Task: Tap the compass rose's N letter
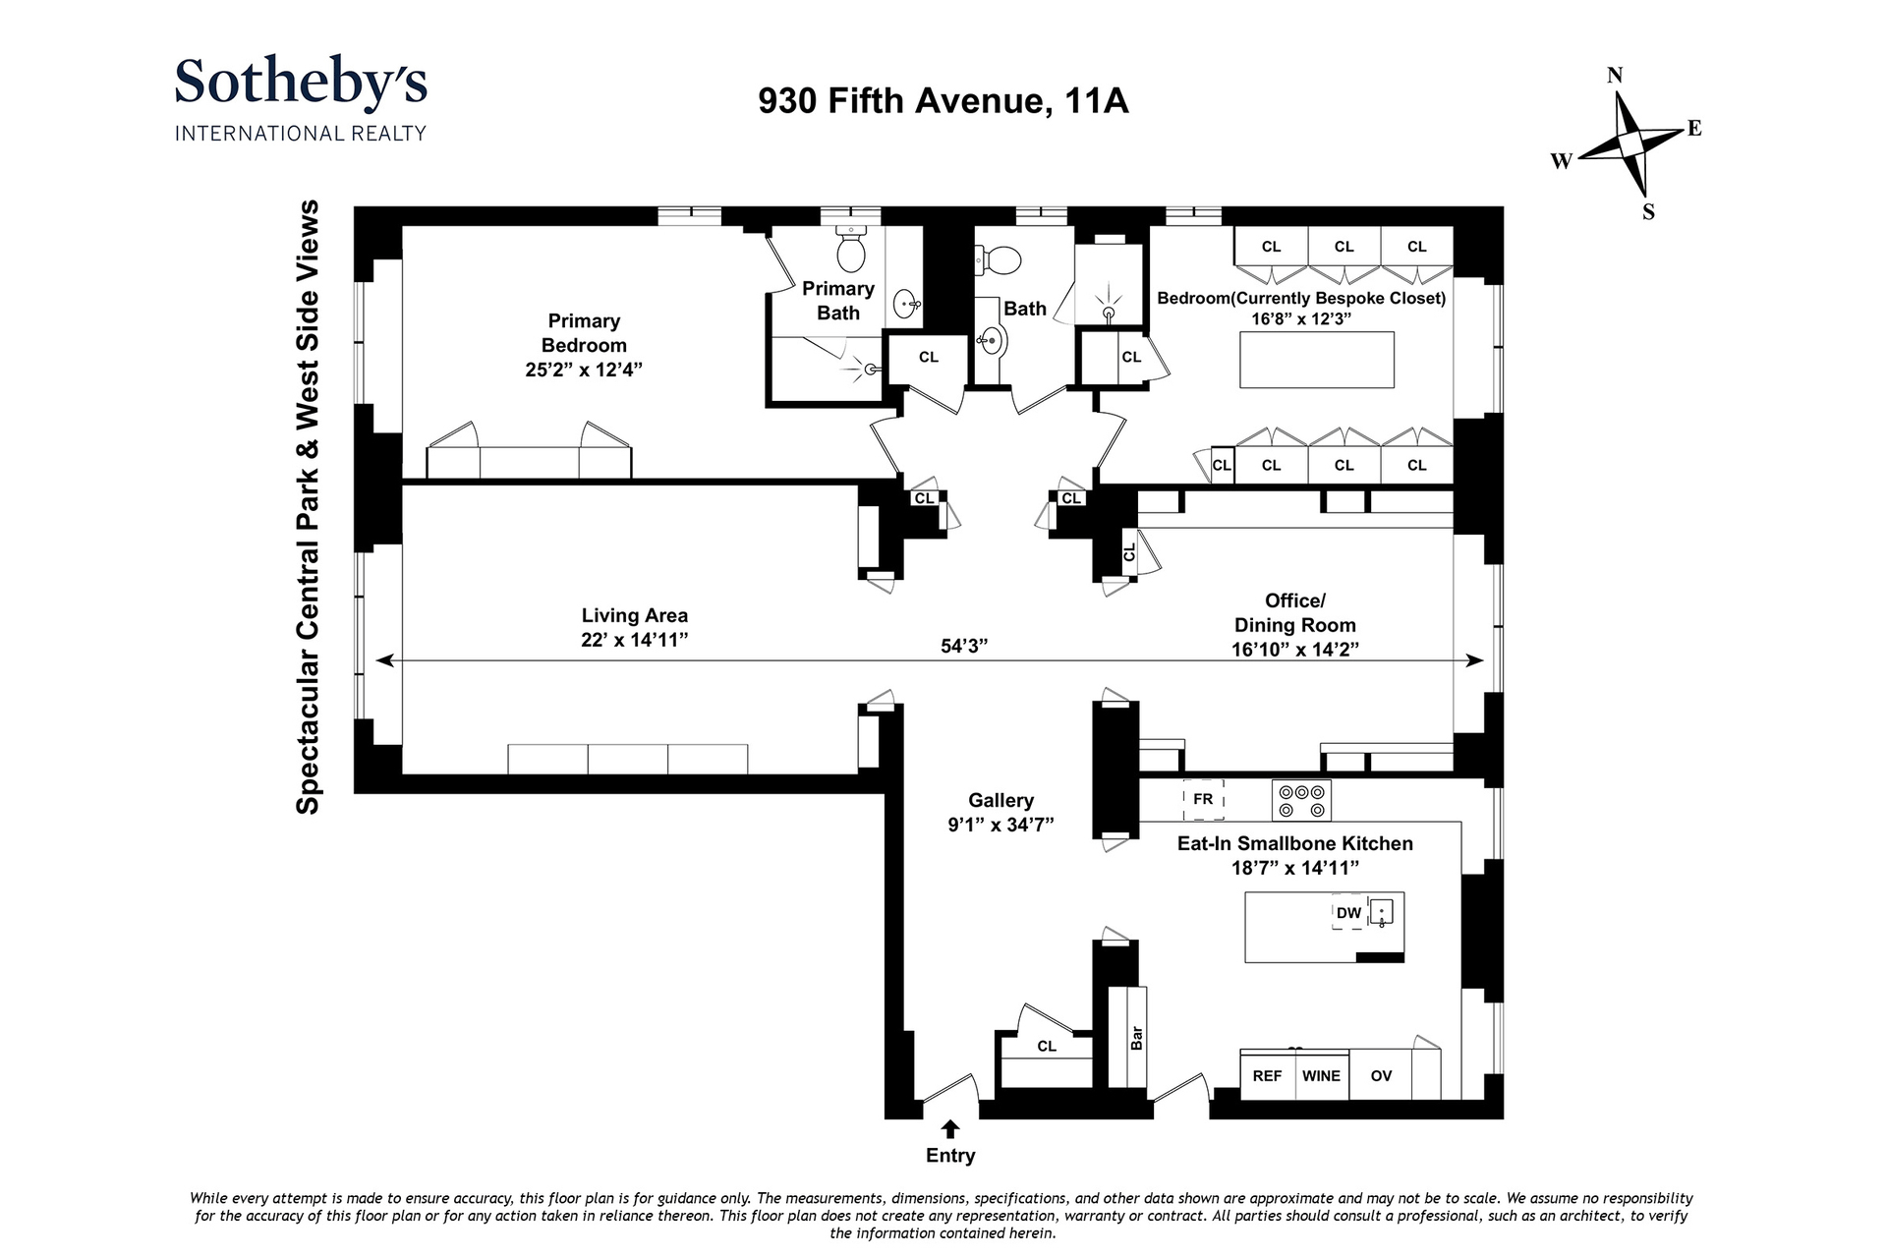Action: pyautogui.click(x=1614, y=76)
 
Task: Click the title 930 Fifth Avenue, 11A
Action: pyautogui.click(x=943, y=101)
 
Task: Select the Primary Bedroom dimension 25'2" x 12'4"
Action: pyautogui.click(x=584, y=370)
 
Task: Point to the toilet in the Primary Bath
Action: pyautogui.click(x=850, y=248)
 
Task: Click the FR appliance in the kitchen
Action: pyautogui.click(x=1203, y=799)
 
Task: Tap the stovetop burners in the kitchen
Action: pyautogui.click(x=1301, y=800)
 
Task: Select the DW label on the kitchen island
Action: pyautogui.click(x=1348, y=913)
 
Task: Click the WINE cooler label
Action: pyautogui.click(x=1321, y=1075)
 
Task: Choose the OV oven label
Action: pyautogui.click(x=1381, y=1075)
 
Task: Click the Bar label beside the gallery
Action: pyautogui.click(x=1136, y=1037)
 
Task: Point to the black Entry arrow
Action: pyautogui.click(x=950, y=1129)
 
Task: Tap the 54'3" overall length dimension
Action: pyautogui.click(x=963, y=645)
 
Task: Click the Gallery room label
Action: pyautogui.click(x=1001, y=801)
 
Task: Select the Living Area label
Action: pyautogui.click(x=634, y=615)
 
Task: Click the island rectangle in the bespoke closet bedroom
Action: pyautogui.click(x=1317, y=360)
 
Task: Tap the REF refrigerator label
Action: pyautogui.click(x=1267, y=1075)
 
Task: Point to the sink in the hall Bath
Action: pyautogui.click(x=991, y=342)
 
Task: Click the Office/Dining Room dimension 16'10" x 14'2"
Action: pyautogui.click(x=1295, y=649)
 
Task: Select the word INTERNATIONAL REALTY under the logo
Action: pyautogui.click(x=301, y=133)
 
